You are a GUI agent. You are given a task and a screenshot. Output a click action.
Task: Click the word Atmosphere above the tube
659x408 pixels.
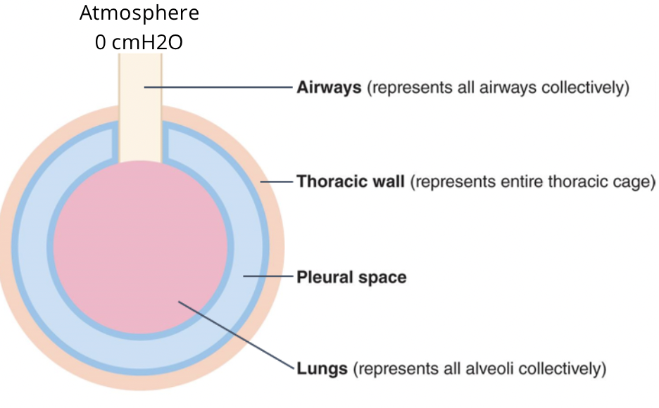pyautogui.click(x=139, y=13)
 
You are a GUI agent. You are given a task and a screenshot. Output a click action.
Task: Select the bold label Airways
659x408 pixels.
pyautogui.click(x=329, y=88)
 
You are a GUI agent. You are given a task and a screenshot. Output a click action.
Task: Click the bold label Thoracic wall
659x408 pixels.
pyautogui.click(x=350, y=181)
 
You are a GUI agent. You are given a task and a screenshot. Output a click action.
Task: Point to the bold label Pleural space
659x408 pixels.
pyautogui.click(x=351, y=277)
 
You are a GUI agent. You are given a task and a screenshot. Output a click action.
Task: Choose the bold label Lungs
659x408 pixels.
pyautogui.click(x=322, y=368)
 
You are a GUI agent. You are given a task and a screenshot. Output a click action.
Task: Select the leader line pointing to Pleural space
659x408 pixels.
pyautogui.click(x=268, y=276)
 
